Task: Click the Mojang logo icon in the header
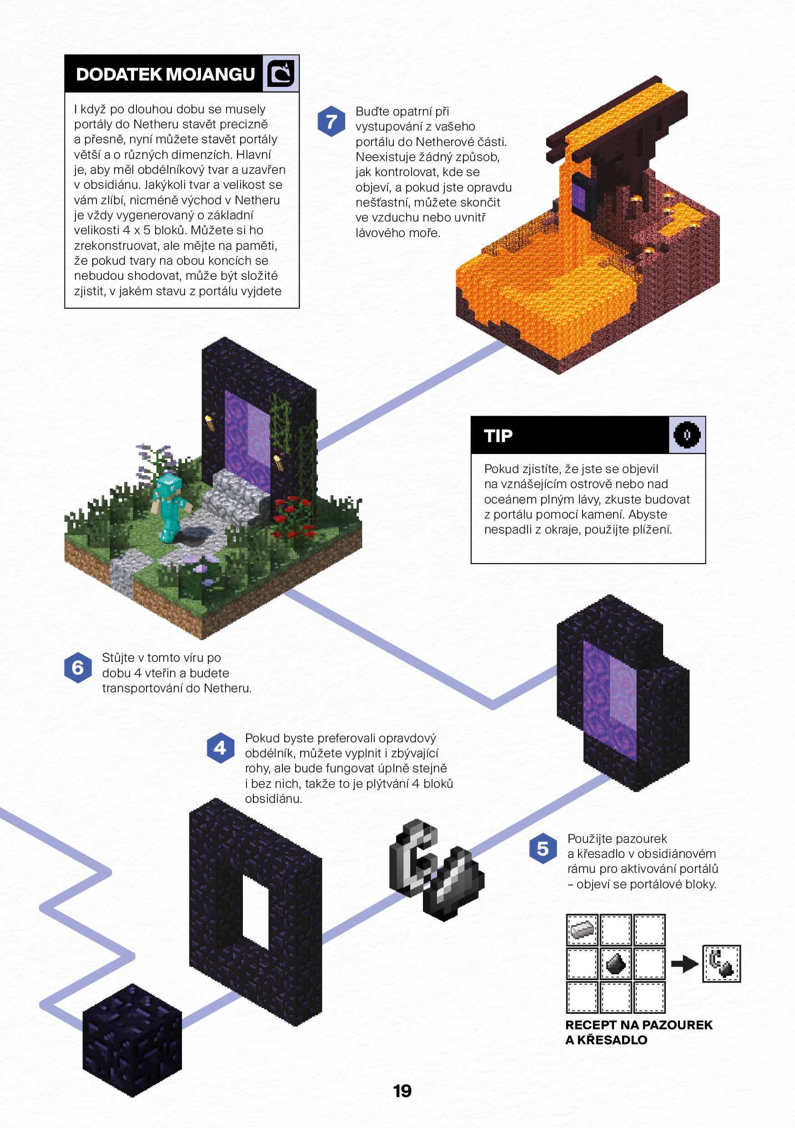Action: tap(281, 73)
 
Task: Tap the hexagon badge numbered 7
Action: tap(332, 121)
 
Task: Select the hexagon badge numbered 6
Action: tap(78, 668)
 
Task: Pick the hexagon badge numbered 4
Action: tap(221, 748)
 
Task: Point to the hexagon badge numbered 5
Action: tap(543, 848)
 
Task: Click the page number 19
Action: tap(402, 1091)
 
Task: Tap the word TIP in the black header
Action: tap(498, 436)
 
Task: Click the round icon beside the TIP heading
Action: tap(686, 435)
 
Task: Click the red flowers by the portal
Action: tap(293, 516)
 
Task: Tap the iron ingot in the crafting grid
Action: tap(582, 929)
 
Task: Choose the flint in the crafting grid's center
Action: tap(615, 963)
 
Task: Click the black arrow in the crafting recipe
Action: tap(684, 963)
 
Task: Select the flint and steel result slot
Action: tap(721, 963)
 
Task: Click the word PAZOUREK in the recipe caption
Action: tap(677, 1025)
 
